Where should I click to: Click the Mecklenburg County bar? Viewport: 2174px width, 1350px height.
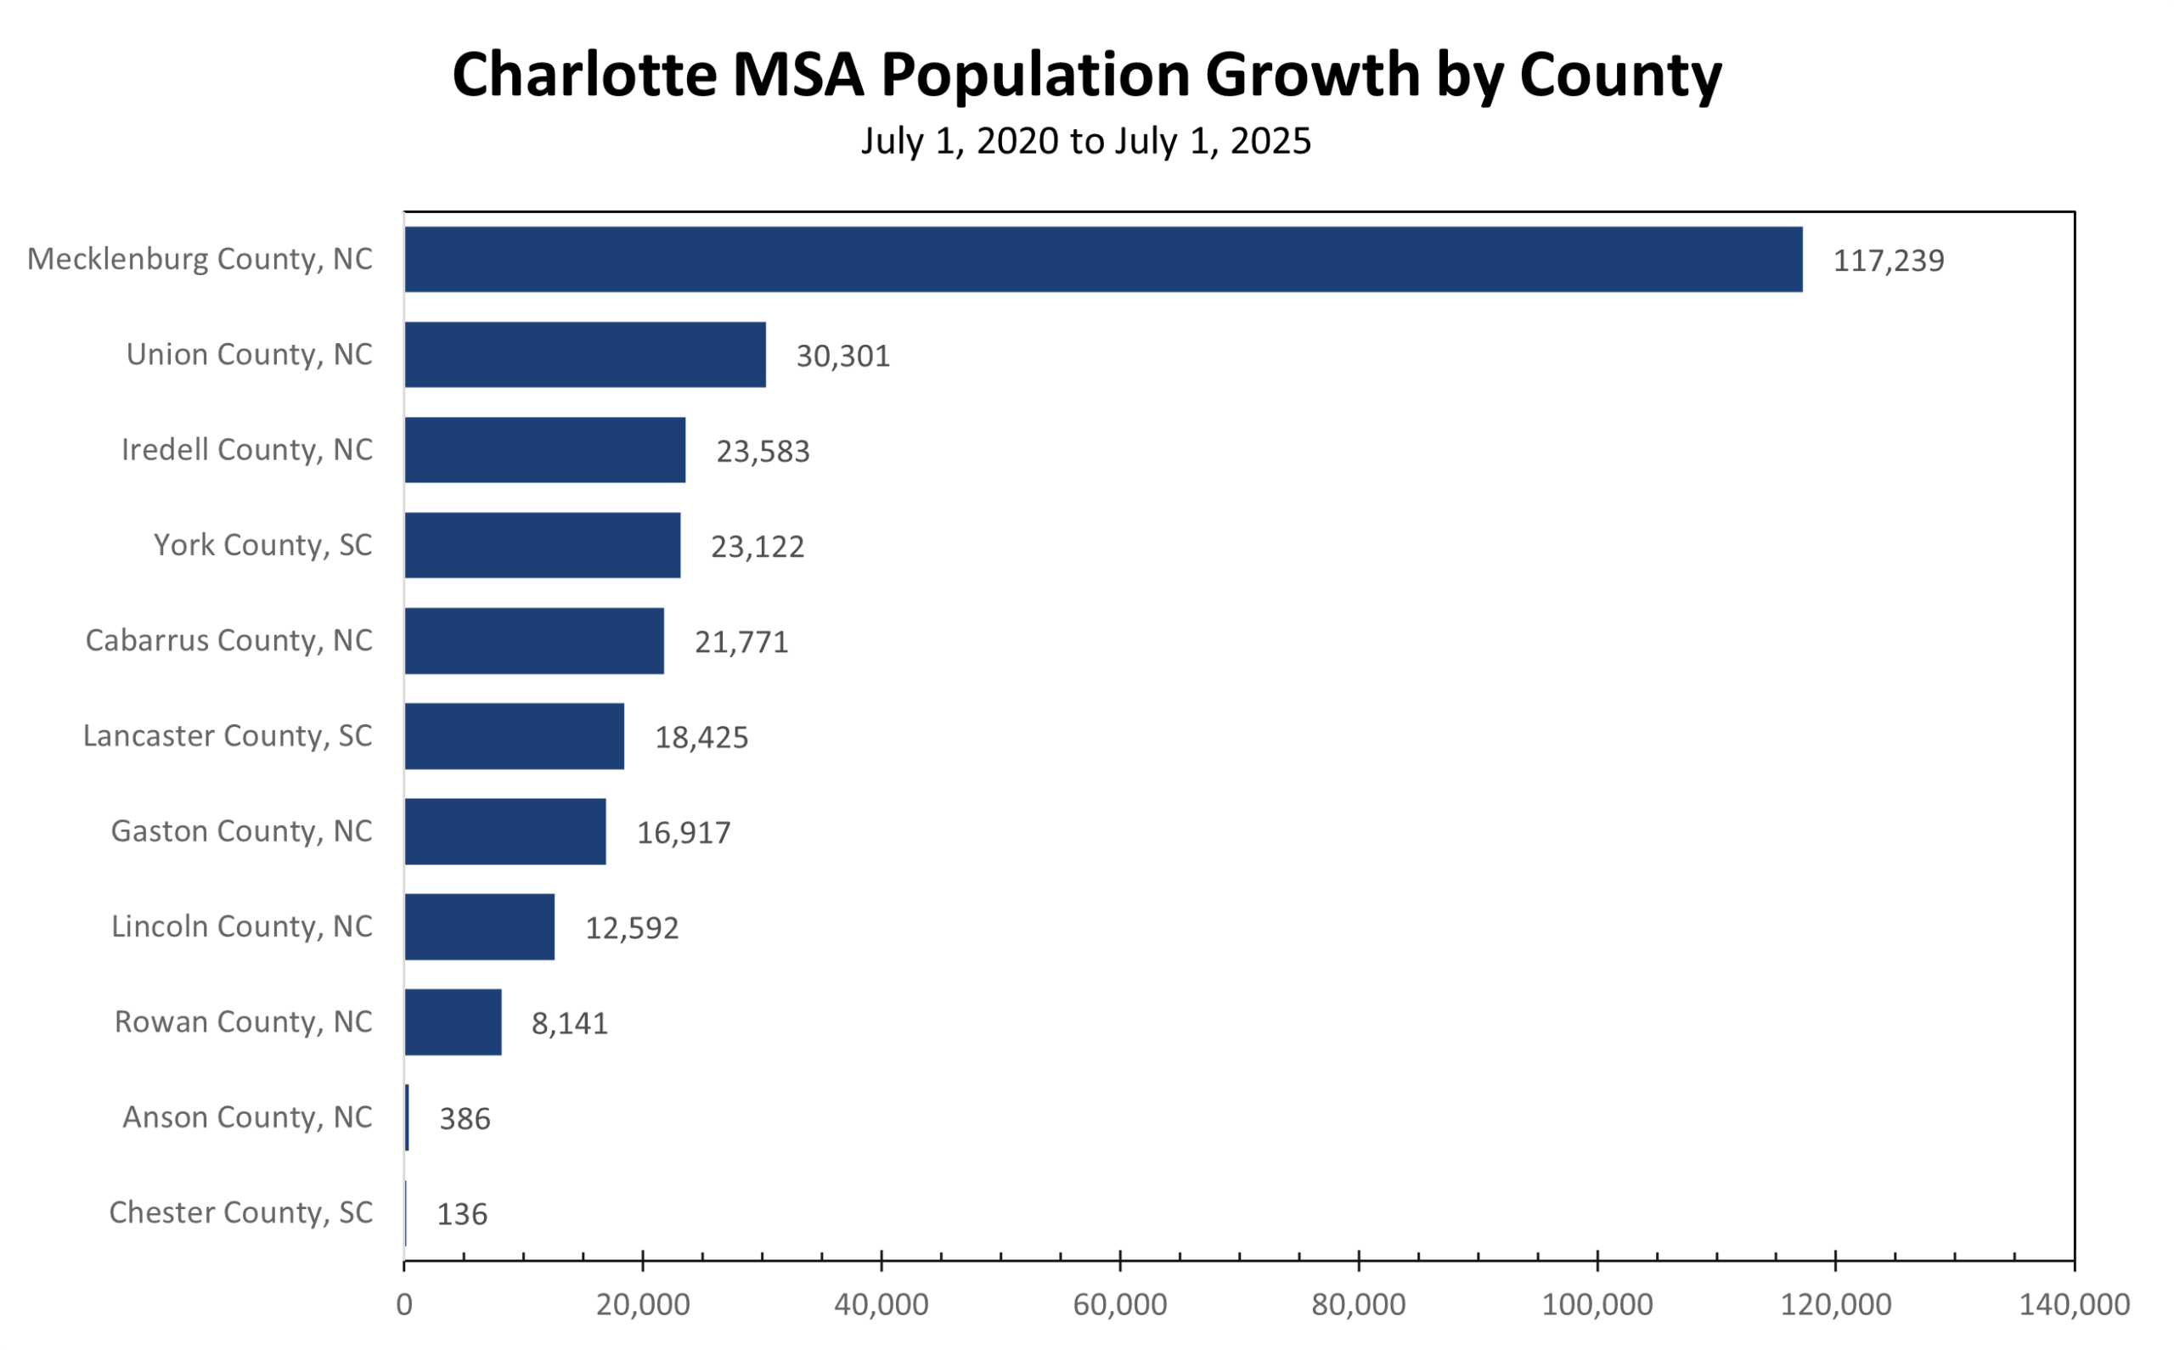tap(1102, 259)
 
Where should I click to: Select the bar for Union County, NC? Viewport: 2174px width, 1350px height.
tap(585, 354)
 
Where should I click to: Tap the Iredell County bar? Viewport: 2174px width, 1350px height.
tap(544, 450)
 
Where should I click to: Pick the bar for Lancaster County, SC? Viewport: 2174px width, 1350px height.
tap(515, 736)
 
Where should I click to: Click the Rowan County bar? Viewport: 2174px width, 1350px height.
tap(453, 1021)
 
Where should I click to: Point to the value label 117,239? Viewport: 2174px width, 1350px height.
tap(1888, 261)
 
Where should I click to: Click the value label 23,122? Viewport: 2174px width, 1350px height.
tap(758, 547)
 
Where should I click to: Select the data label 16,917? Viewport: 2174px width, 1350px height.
tap(683, 832)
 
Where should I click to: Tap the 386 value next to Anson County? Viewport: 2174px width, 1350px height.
tap(465, 1118)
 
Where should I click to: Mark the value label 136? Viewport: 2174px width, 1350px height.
tap(462, 1213)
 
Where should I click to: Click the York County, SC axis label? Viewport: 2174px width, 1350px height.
tap(262, 544)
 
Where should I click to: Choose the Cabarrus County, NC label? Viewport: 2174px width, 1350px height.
tap(228, 640)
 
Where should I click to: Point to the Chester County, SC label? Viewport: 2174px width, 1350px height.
tap(240, 1212)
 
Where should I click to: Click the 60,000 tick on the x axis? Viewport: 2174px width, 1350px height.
tap(1119, 1304)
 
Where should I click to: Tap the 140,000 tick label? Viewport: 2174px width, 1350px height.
tap(2074, 1304)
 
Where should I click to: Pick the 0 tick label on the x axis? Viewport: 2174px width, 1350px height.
tap(404, 1304)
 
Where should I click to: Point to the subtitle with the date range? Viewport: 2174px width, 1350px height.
tap(1085, 141)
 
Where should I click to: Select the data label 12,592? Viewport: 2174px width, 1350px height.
tap(631, 928)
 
